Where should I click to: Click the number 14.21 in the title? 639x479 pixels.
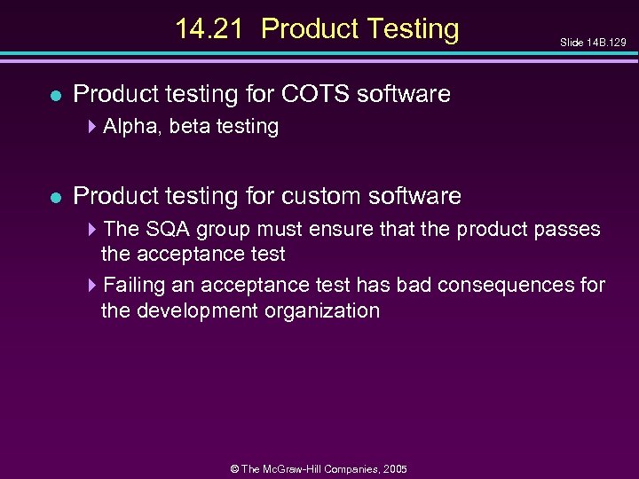click(210, 29)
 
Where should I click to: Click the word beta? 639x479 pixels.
click(189, 127)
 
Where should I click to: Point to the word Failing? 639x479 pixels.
click(130, 285)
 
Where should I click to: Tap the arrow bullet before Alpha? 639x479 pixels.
click(93, 127)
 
